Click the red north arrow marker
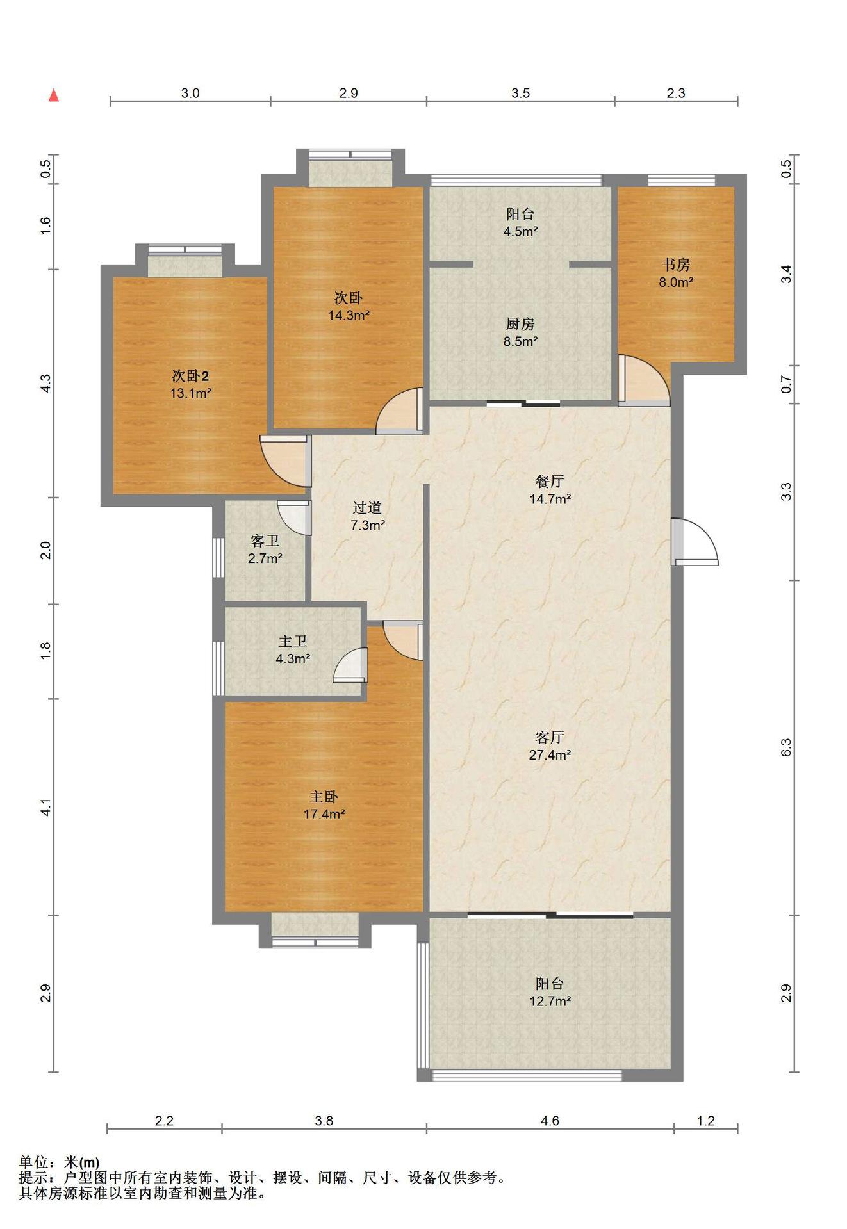coord(54,95)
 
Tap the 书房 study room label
coord(676,265)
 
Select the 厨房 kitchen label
coord(520,324)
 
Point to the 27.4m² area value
coord(550,755)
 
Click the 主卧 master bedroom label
coord(324,797)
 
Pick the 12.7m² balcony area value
coord(550,1001)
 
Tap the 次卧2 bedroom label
coord(190,376)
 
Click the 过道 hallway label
coord(367,508)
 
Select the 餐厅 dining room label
coord(549,481)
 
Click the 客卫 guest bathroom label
coord(265,541)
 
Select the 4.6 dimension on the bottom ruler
coord(550,1121)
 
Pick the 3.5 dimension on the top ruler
coord(520,93)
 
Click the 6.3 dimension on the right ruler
coord(787,747)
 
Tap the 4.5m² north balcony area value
coord(520,232)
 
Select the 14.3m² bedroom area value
coord(349,315)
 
